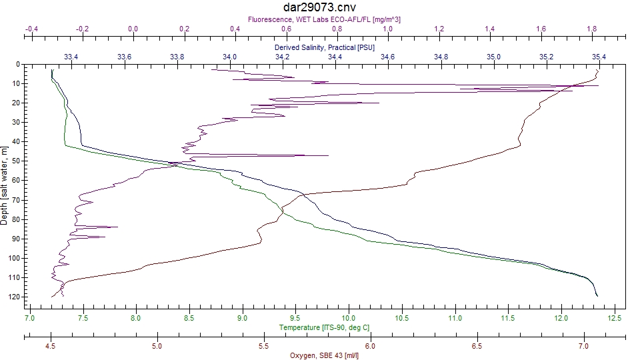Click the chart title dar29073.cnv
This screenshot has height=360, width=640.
pos(319,7)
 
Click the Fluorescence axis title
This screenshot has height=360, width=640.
pos(324,19)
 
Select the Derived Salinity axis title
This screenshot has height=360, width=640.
pos(325,47)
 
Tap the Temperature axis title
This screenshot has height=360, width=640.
pos(324,327)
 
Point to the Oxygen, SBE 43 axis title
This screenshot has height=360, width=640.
pos(324,355)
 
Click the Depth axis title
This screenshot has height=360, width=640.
pos(4,186)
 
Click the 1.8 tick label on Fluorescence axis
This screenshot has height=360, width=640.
pos(592,29)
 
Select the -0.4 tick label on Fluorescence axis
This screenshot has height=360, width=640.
pos(31,29)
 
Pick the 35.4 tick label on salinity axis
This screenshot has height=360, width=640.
pos(599,57)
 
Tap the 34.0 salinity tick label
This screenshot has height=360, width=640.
pos(229,57)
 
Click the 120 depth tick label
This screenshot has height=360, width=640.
pos(15,297)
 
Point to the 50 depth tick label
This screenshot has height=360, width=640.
pos(16,161)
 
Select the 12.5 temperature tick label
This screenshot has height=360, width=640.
pos(614,318)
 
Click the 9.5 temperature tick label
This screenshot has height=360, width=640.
pos(295,318)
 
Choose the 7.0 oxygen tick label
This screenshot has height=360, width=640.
pos(584,346)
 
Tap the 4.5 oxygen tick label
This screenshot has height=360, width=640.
pos(50,346)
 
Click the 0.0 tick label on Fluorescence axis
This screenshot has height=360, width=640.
pos(133,29)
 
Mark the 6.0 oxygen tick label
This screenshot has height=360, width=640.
pos(370,346)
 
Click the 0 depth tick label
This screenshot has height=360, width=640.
pos(18,64)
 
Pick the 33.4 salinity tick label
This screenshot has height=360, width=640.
pos(71,57)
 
